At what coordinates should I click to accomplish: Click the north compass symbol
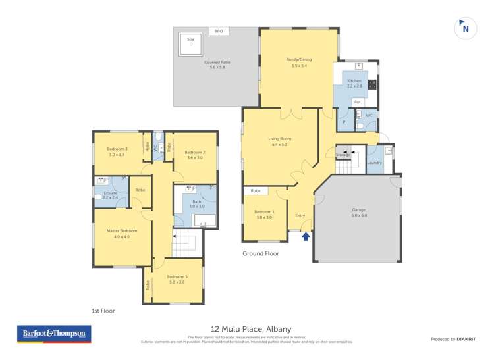click(x=466, y=28)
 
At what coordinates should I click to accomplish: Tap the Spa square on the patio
click(x=191, y=44)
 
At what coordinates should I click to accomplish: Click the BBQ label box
click(x=218, y=31)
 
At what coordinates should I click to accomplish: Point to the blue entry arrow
click(x=306, y=236)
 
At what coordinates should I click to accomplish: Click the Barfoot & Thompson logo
click(x=54, y=334)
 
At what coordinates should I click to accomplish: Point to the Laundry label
click(x=374, y=163)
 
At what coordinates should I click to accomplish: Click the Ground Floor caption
click(x=260, y=253)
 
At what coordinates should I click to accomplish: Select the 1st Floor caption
click(x=103, y=310)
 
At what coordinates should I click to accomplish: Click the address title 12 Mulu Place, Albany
click(x=251, y=329)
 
